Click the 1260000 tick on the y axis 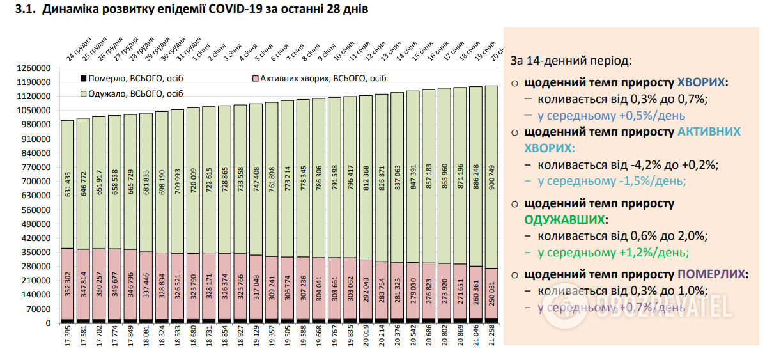[33, 68]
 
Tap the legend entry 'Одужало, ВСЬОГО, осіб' [125, 93]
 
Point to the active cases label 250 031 [491, 293]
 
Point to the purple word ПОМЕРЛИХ [711, 274]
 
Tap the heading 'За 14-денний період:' [571, 61]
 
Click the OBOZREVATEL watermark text [665, 308]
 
